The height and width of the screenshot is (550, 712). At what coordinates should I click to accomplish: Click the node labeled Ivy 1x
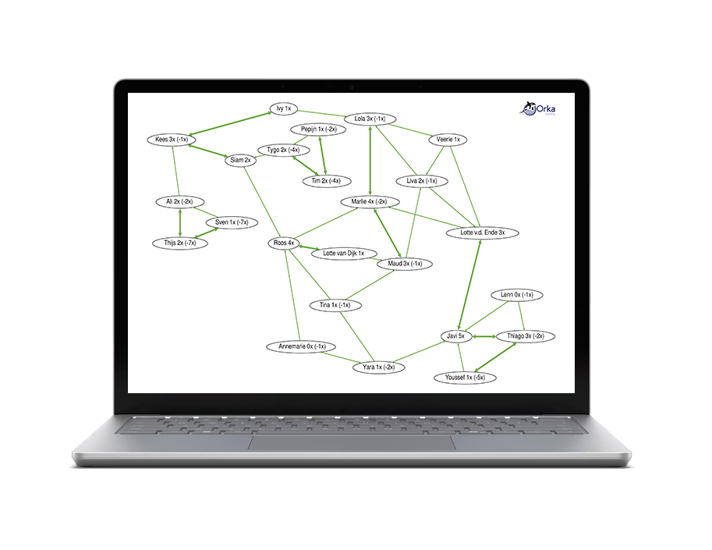282,108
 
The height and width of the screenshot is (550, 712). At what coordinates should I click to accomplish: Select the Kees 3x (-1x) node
171,140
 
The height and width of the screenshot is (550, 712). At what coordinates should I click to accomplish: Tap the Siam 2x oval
241,160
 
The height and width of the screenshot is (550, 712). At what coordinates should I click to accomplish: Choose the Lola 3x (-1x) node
370,119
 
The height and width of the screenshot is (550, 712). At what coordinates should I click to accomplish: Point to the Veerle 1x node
448,140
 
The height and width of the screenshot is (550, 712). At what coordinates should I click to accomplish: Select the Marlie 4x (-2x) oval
370,202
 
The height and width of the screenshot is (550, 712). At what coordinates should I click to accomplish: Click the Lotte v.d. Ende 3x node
482,232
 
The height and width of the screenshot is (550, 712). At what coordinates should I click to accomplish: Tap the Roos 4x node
284,243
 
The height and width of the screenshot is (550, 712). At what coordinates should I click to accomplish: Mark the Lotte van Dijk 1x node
343,254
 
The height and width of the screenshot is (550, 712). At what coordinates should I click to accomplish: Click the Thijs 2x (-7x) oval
180,243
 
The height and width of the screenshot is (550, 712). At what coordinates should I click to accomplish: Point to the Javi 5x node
455,336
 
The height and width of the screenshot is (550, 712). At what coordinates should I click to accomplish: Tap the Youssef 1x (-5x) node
465,378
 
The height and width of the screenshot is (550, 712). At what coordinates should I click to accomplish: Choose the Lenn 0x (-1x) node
517,295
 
